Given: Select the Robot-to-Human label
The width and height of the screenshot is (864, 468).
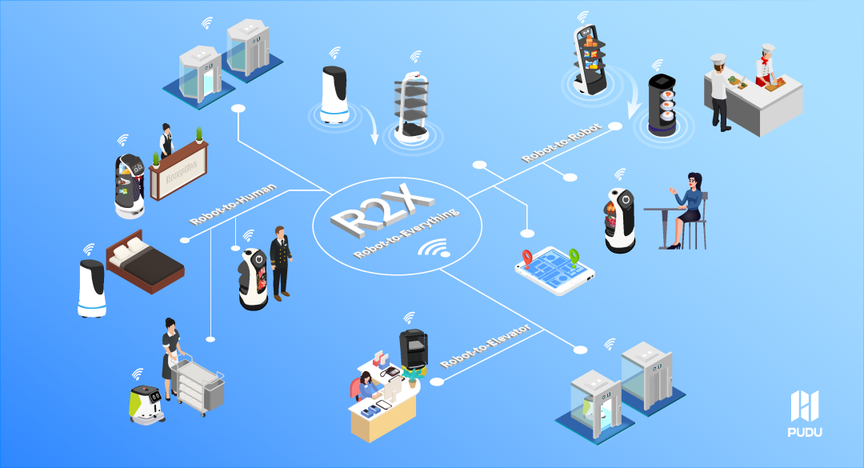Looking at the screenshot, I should tap(234, 205).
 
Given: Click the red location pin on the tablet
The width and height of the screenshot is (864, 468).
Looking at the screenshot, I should tap(527, 257).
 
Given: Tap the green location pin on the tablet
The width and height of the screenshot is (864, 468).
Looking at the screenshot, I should tap(573, 257).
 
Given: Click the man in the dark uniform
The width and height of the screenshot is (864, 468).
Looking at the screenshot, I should tap(280, 260).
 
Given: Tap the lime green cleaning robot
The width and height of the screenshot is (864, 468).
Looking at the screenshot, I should tap(146, 402).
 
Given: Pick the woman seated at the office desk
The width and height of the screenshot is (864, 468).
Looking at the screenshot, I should tap(368, 388).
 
